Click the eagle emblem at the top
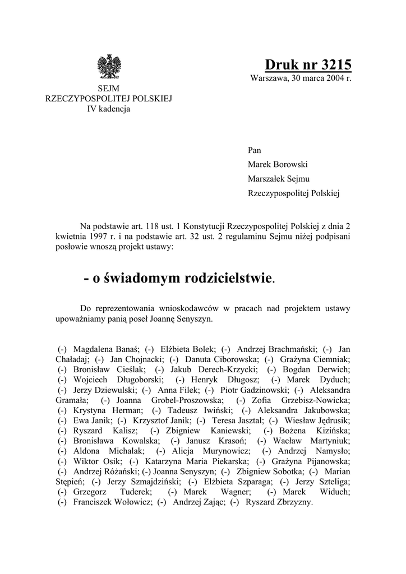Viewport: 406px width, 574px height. (109, 67)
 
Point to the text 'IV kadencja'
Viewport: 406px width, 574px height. (108, 109)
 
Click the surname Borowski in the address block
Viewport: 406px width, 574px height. (290, 165)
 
